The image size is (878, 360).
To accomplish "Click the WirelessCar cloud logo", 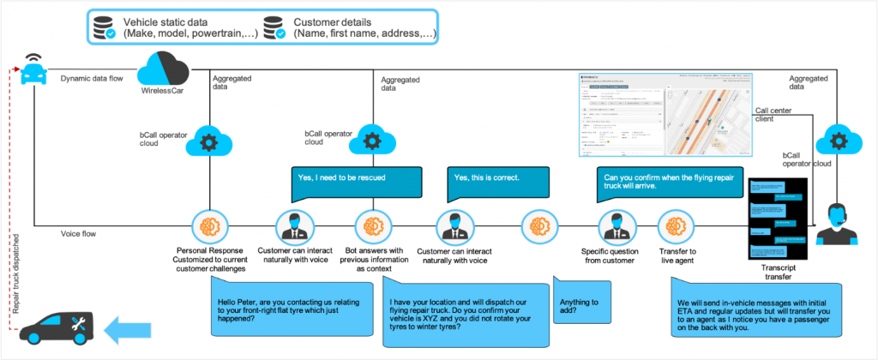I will tap(165, 69).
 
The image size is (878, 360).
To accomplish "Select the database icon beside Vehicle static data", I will tap(106, 27).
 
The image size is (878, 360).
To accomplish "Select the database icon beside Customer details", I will tap(275, 27).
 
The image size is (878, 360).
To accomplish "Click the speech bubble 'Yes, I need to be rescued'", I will tap(357, 181).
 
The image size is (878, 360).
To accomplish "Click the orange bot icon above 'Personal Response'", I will tap(208, 225).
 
